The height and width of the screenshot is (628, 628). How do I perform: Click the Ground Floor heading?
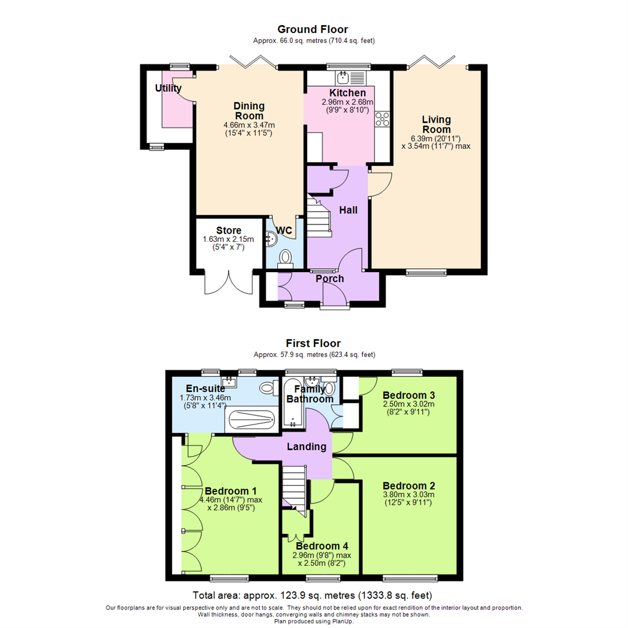coord(312,29)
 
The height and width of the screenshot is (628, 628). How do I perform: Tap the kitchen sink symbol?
coord(343,76)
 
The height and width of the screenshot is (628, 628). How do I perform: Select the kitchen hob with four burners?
coord(383,119)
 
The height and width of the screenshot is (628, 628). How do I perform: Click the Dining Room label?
coord(249,110)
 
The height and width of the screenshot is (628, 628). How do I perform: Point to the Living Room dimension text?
coord(436,142)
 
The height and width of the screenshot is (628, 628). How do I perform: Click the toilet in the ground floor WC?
coord(286,256)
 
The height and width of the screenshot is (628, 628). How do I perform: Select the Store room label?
coord(229,230)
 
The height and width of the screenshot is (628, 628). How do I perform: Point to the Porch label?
coord(330,279)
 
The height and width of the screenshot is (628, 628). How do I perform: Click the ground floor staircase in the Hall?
coord(319,218)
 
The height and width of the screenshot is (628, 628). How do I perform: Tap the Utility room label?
coord(168,88)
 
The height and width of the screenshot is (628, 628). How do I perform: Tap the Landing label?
coord(306,447)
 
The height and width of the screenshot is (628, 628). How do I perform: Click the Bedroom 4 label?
coord(322,546)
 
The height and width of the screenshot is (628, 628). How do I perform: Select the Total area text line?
coord(312,596)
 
